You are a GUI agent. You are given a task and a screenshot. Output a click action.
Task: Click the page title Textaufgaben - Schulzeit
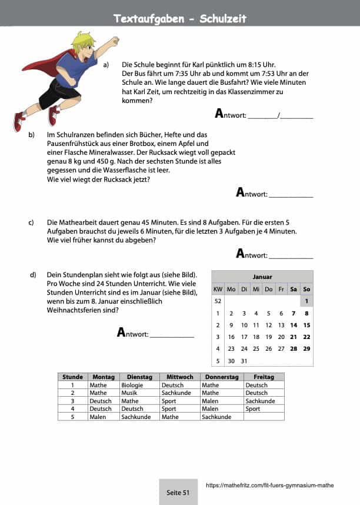(x=180, y=19)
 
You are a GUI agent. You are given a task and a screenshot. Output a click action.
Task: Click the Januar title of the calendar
(x=262, y=277)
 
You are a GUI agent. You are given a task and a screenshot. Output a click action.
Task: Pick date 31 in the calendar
(x=244, y=361)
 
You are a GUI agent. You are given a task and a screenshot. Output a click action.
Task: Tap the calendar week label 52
(x=218, y=301)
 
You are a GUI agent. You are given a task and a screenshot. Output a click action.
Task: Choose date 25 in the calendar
(x=256, y=348)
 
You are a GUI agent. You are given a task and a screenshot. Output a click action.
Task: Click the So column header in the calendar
(x=306, y=289)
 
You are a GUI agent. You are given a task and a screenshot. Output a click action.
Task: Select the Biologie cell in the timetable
(x=132, y=385)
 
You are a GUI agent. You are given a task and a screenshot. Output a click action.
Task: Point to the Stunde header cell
(x=73, y=377)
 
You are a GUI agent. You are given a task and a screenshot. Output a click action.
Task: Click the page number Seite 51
(x=178, y=493)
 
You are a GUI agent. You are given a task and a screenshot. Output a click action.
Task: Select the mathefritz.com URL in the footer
(x=270, y=486)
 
